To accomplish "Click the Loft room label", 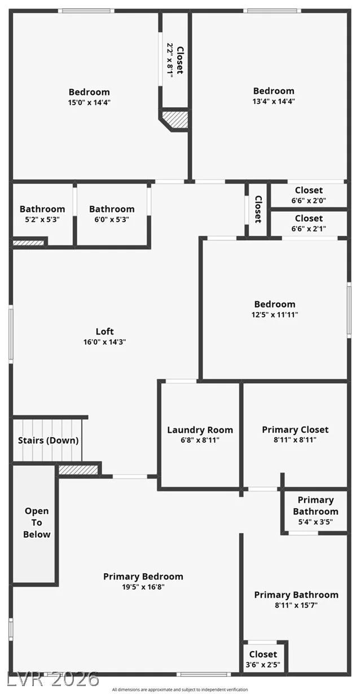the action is (105, 331).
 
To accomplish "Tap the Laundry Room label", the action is (200, 430).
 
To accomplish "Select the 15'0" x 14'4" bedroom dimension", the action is (89, 102).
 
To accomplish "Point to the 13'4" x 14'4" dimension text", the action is (274, 101).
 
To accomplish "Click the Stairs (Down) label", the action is (49, 440).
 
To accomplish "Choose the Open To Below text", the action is (37, 522).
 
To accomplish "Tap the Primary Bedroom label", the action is (143, 577).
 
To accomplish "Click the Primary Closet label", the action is (295, 429).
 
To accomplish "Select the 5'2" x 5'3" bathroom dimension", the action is (42, 219).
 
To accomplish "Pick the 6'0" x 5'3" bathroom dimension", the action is (112, 219).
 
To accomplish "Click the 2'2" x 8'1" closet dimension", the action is (170, 60).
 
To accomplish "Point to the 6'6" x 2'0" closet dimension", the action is (309, 200).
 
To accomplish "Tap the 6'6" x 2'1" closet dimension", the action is (309, 229).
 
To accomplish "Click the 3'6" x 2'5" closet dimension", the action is (263, 664).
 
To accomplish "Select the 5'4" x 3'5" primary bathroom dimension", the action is (315, 522).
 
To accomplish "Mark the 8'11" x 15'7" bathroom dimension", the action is (296, 605).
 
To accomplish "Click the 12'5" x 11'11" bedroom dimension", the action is (275, 314).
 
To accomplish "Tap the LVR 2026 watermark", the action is (52, 679).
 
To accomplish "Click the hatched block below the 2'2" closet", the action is (175, 120).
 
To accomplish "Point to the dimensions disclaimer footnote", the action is (180, 689).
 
